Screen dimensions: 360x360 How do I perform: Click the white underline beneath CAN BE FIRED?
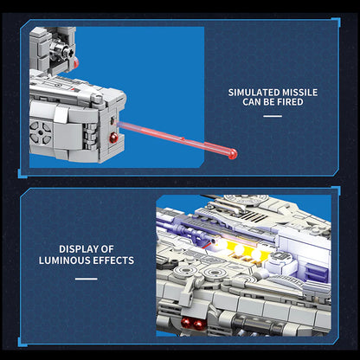pyautogui.click(x=273, y=116)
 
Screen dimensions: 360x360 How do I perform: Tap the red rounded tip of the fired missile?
pyautogui.click(x=233, y=154)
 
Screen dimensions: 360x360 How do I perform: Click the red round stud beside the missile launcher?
pyautogui.click(x=113, y=138)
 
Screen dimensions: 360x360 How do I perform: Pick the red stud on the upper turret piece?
pyautogui.click(x=76, y=62)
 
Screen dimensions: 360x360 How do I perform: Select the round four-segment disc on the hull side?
pyautogui.click(x=41, y=132)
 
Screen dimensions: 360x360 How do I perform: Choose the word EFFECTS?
pyautogui.click(x=113, y=260)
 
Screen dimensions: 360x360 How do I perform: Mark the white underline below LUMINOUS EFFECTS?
pyautogui.click(x=87, y=279)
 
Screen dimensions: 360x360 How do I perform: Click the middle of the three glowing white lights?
pyautogui.click(x=239, y=249)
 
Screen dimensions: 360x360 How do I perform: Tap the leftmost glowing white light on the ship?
pyautogui.click(x=222, y=244)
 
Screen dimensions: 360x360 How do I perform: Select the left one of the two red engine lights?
pyautogui.click(x=186, y=323)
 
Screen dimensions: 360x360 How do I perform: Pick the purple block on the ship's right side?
pyautogui.click(x=317, y=273)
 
